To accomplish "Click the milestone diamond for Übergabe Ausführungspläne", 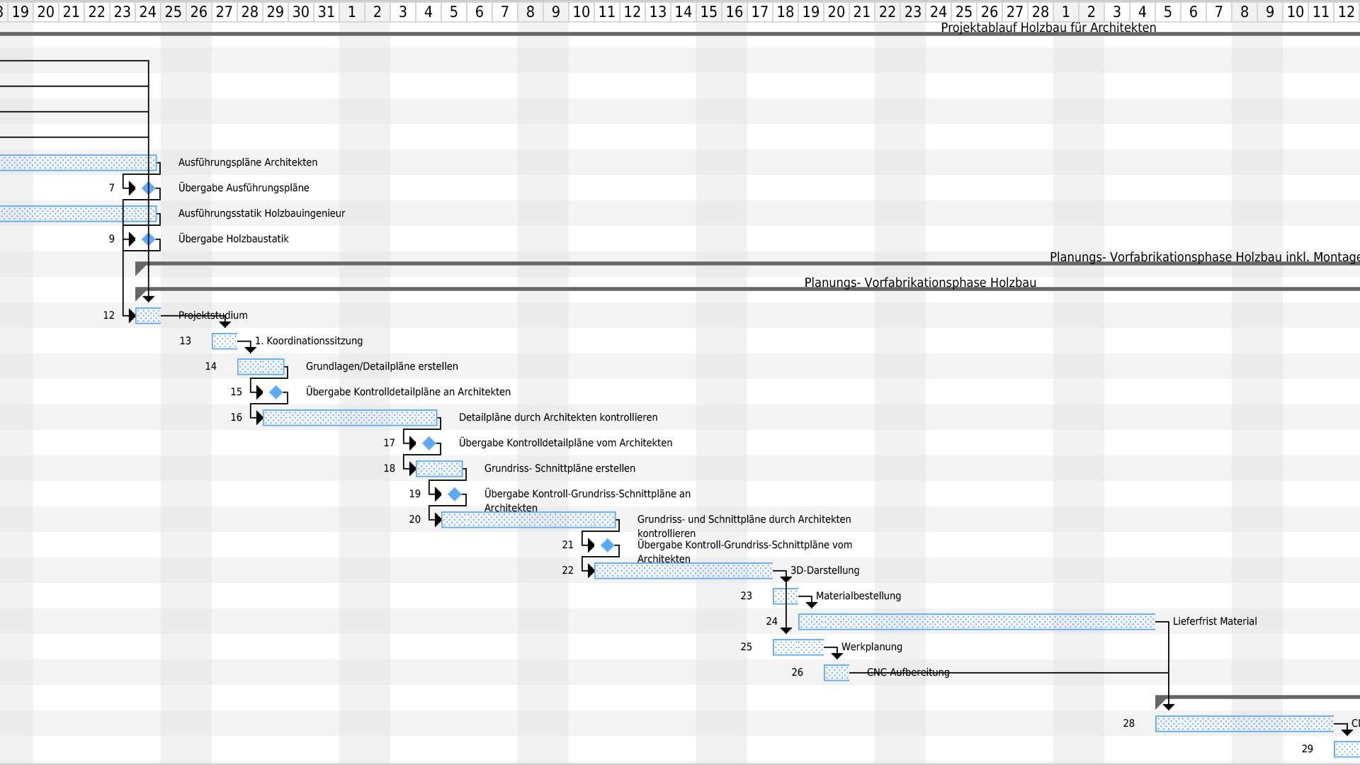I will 148,188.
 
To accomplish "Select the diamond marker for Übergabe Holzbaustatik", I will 148,239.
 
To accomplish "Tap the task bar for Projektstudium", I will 148,316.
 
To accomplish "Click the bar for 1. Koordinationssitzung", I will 225,341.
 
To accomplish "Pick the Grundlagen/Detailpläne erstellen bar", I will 261,367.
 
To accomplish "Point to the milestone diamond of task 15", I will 276,392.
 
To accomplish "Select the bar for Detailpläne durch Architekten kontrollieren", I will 350,418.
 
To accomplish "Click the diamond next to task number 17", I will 429,443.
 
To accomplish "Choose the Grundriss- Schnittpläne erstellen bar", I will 439,469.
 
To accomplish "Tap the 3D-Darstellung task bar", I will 684,571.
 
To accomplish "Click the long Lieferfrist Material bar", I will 977,622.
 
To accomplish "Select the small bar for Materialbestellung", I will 786,596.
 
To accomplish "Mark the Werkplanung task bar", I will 798,647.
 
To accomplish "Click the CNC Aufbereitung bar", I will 837,673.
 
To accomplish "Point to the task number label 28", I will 1129,723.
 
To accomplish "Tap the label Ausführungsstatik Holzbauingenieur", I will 261,213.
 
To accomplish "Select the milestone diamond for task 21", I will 607,545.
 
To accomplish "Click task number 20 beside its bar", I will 415,519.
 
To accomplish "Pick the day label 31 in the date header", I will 327,12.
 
